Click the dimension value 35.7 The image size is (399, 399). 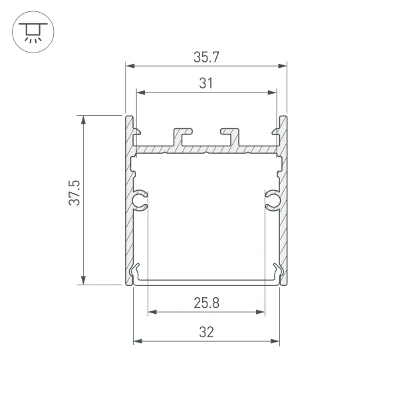[x=206, y=57]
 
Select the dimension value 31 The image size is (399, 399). [x=206, y=83]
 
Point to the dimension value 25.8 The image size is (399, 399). [x=207, y=303]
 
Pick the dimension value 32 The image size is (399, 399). [x=207, y=332]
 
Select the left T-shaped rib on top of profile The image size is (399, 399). [x=182, y=135]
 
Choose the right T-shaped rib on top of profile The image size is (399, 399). [x=230, y=135]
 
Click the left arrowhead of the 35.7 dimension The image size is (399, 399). [x=129, y=66]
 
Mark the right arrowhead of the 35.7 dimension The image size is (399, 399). [x=283, y=66]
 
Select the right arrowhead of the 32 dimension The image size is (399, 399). [x=275, y=341]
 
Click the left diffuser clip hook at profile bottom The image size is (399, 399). [x=137, y=271]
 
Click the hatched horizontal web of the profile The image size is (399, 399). [x=206, y=149]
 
